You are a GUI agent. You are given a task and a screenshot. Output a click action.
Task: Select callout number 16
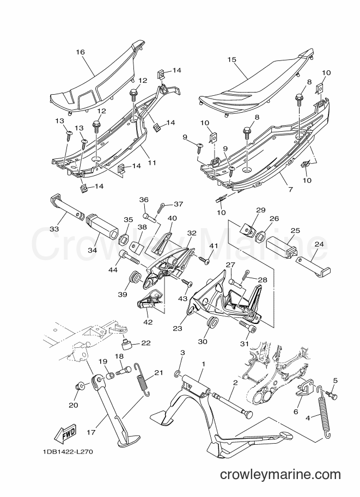81,52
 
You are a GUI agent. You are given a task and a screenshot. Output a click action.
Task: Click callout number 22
146,342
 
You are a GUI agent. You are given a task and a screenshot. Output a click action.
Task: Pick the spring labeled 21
142,379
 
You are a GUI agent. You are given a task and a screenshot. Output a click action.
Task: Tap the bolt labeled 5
333,394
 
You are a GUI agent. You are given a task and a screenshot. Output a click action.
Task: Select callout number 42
148,322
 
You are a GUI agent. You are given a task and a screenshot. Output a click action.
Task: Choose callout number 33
54,228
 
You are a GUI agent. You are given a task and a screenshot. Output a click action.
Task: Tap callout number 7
290,189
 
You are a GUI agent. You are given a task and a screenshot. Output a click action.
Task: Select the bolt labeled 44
130,256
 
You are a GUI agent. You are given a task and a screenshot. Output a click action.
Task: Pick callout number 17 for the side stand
91,432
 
